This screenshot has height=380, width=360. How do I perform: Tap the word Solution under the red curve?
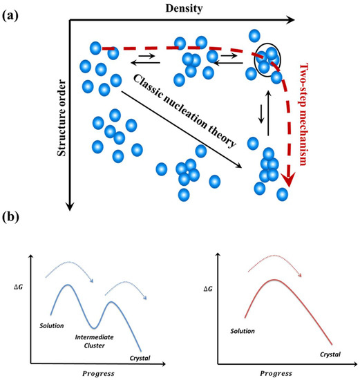click(237, 330)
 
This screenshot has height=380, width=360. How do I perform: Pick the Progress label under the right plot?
click(281, 372)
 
